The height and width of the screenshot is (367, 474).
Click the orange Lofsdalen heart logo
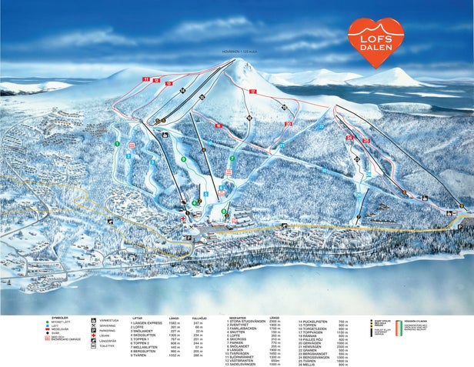pos(376,42)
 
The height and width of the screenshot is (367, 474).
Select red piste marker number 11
pos(144,79)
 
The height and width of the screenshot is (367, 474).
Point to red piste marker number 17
pos(252,92)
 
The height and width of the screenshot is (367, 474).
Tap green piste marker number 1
pos(117,144)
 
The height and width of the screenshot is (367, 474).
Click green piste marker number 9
pos(183,159)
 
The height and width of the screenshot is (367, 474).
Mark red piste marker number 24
pos(349,138)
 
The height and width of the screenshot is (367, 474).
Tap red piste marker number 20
pos(288,124)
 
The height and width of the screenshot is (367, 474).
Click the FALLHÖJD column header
pos(199,316)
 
